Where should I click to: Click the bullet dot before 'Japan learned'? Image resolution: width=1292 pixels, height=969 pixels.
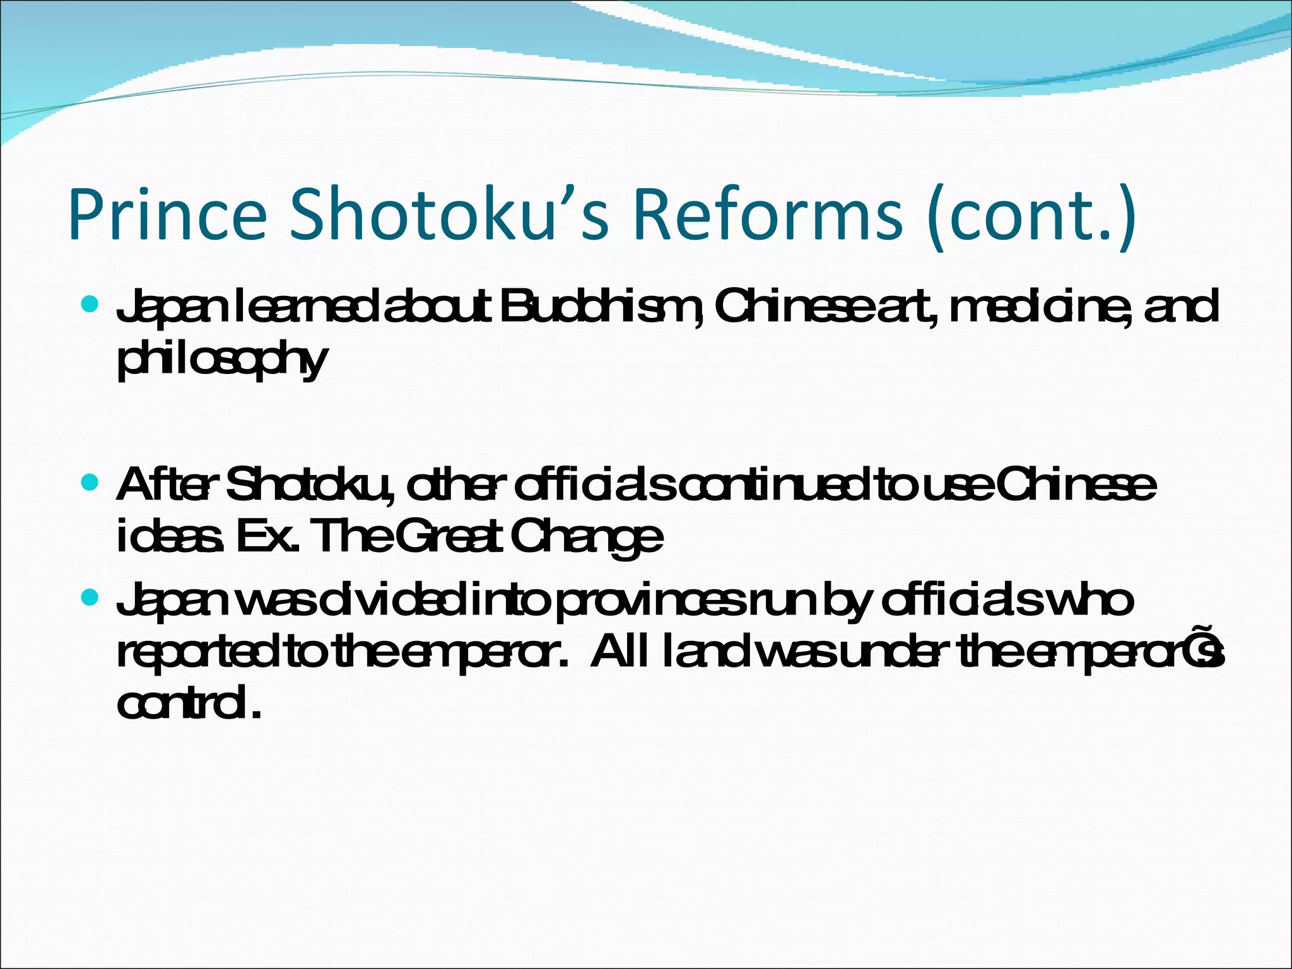pyautogui.click(x=90, y=306)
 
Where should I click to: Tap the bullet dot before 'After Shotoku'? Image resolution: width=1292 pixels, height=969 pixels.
pyautogui.click(x=90, y=484)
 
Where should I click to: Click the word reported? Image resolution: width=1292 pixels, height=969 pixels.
pyautogui.click(x=196, y=655)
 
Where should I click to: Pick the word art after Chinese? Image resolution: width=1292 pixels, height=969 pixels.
pyautogui.click(x=902, y=308)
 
